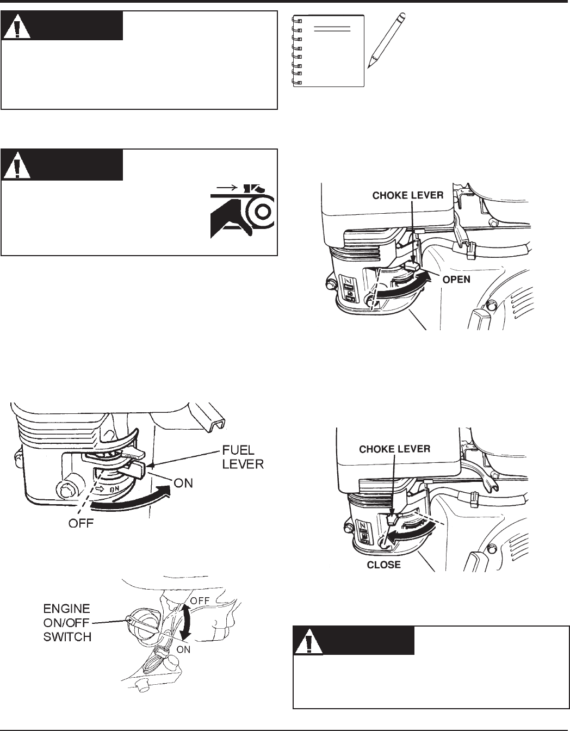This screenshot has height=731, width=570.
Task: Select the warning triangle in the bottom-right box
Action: (x=308, y=642)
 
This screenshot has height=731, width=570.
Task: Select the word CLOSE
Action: (x=384, y=565)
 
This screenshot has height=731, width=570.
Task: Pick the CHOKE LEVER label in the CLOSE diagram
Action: (x=395, y=449)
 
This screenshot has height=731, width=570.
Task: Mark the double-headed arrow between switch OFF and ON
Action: (x=187, y=624)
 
